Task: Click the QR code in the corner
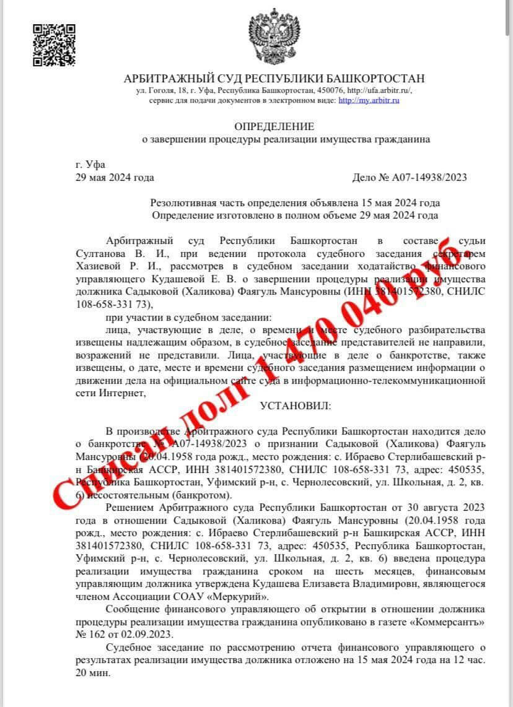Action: tap(54, 45)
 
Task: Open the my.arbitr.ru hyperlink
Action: tap(370, 100)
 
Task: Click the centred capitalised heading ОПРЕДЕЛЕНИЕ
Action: tap(274, 126)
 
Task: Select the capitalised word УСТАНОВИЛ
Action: tap(296, 406)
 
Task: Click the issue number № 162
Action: tap(89, 633)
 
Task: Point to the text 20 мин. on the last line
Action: tap(92, 674)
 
